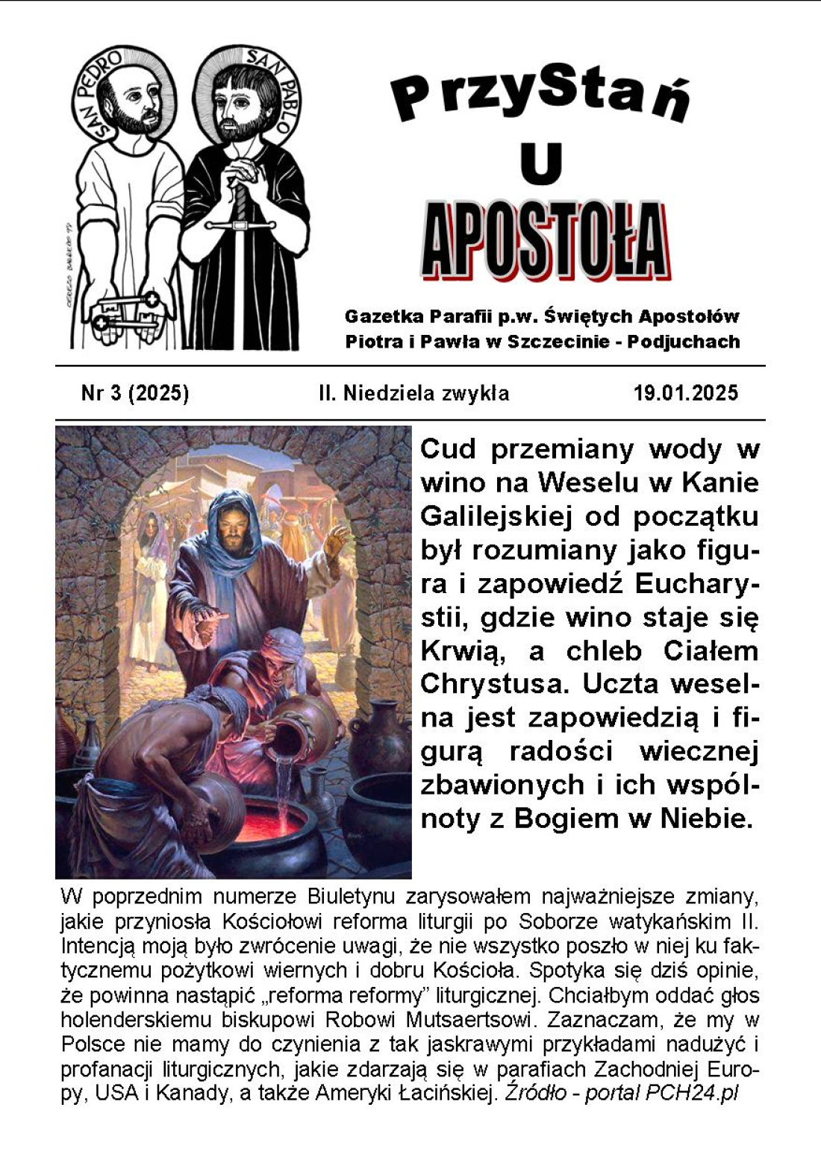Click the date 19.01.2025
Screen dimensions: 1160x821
pyautogui.click(x=685, y=393)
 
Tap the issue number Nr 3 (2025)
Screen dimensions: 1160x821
pyautogui.click(x=135, y=393)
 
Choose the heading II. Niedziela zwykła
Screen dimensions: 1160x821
pyautogui.click(x=413, y=393)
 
